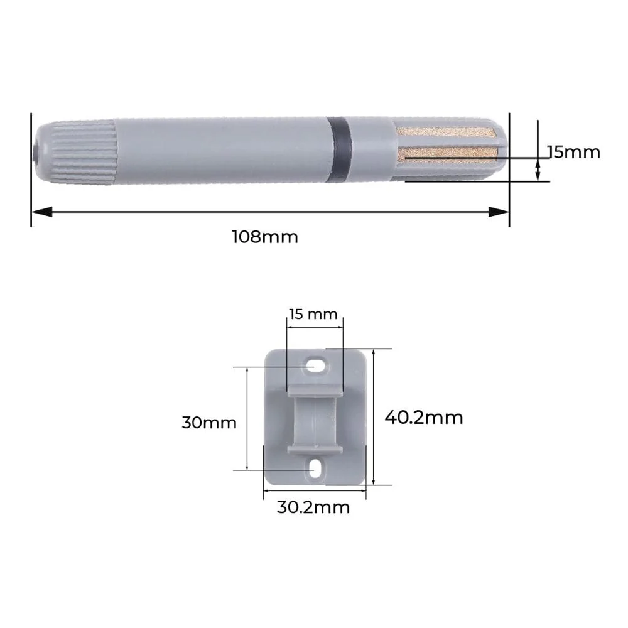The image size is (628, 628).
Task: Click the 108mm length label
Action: [265, 237]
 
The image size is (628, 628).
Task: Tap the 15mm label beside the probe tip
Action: [573, 152]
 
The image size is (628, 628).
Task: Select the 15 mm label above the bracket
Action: [313, 314]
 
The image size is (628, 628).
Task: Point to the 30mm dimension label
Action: [209, 422]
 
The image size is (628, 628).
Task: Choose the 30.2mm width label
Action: [313, 507]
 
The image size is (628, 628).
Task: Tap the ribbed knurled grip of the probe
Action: [83, 153]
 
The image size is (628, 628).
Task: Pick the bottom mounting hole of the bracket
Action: [316, 468]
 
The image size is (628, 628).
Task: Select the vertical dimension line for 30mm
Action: [247, 419]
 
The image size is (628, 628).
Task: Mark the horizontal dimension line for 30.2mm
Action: [314, 490]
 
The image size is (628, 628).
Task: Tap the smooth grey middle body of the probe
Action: [220, 151]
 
